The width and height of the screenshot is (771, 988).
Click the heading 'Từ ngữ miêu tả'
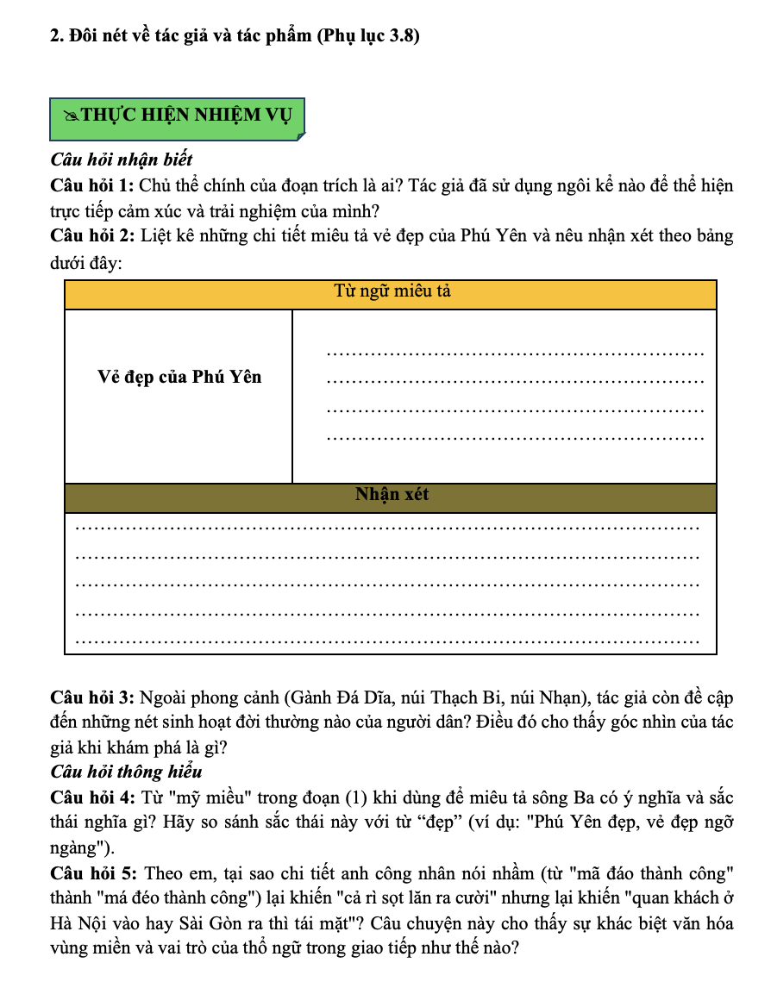392,292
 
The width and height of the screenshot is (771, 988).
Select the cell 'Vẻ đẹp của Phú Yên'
179,377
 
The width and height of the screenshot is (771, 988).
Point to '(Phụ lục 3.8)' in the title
368,35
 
